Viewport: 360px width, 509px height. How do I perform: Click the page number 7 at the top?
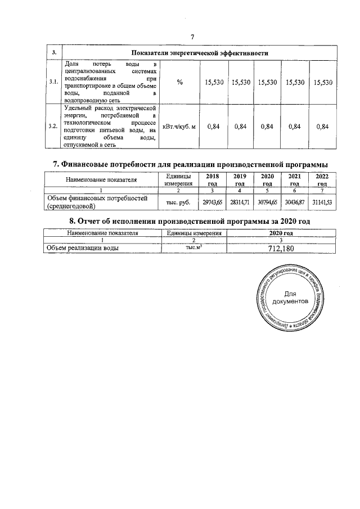(x=192, y=37)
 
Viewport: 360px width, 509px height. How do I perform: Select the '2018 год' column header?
(x=213, y=179)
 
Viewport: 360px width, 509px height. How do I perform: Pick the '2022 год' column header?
(x=322, y=179)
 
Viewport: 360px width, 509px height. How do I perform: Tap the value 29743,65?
(x=213, y=201)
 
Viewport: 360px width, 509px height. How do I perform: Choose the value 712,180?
(x=281, y=248)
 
